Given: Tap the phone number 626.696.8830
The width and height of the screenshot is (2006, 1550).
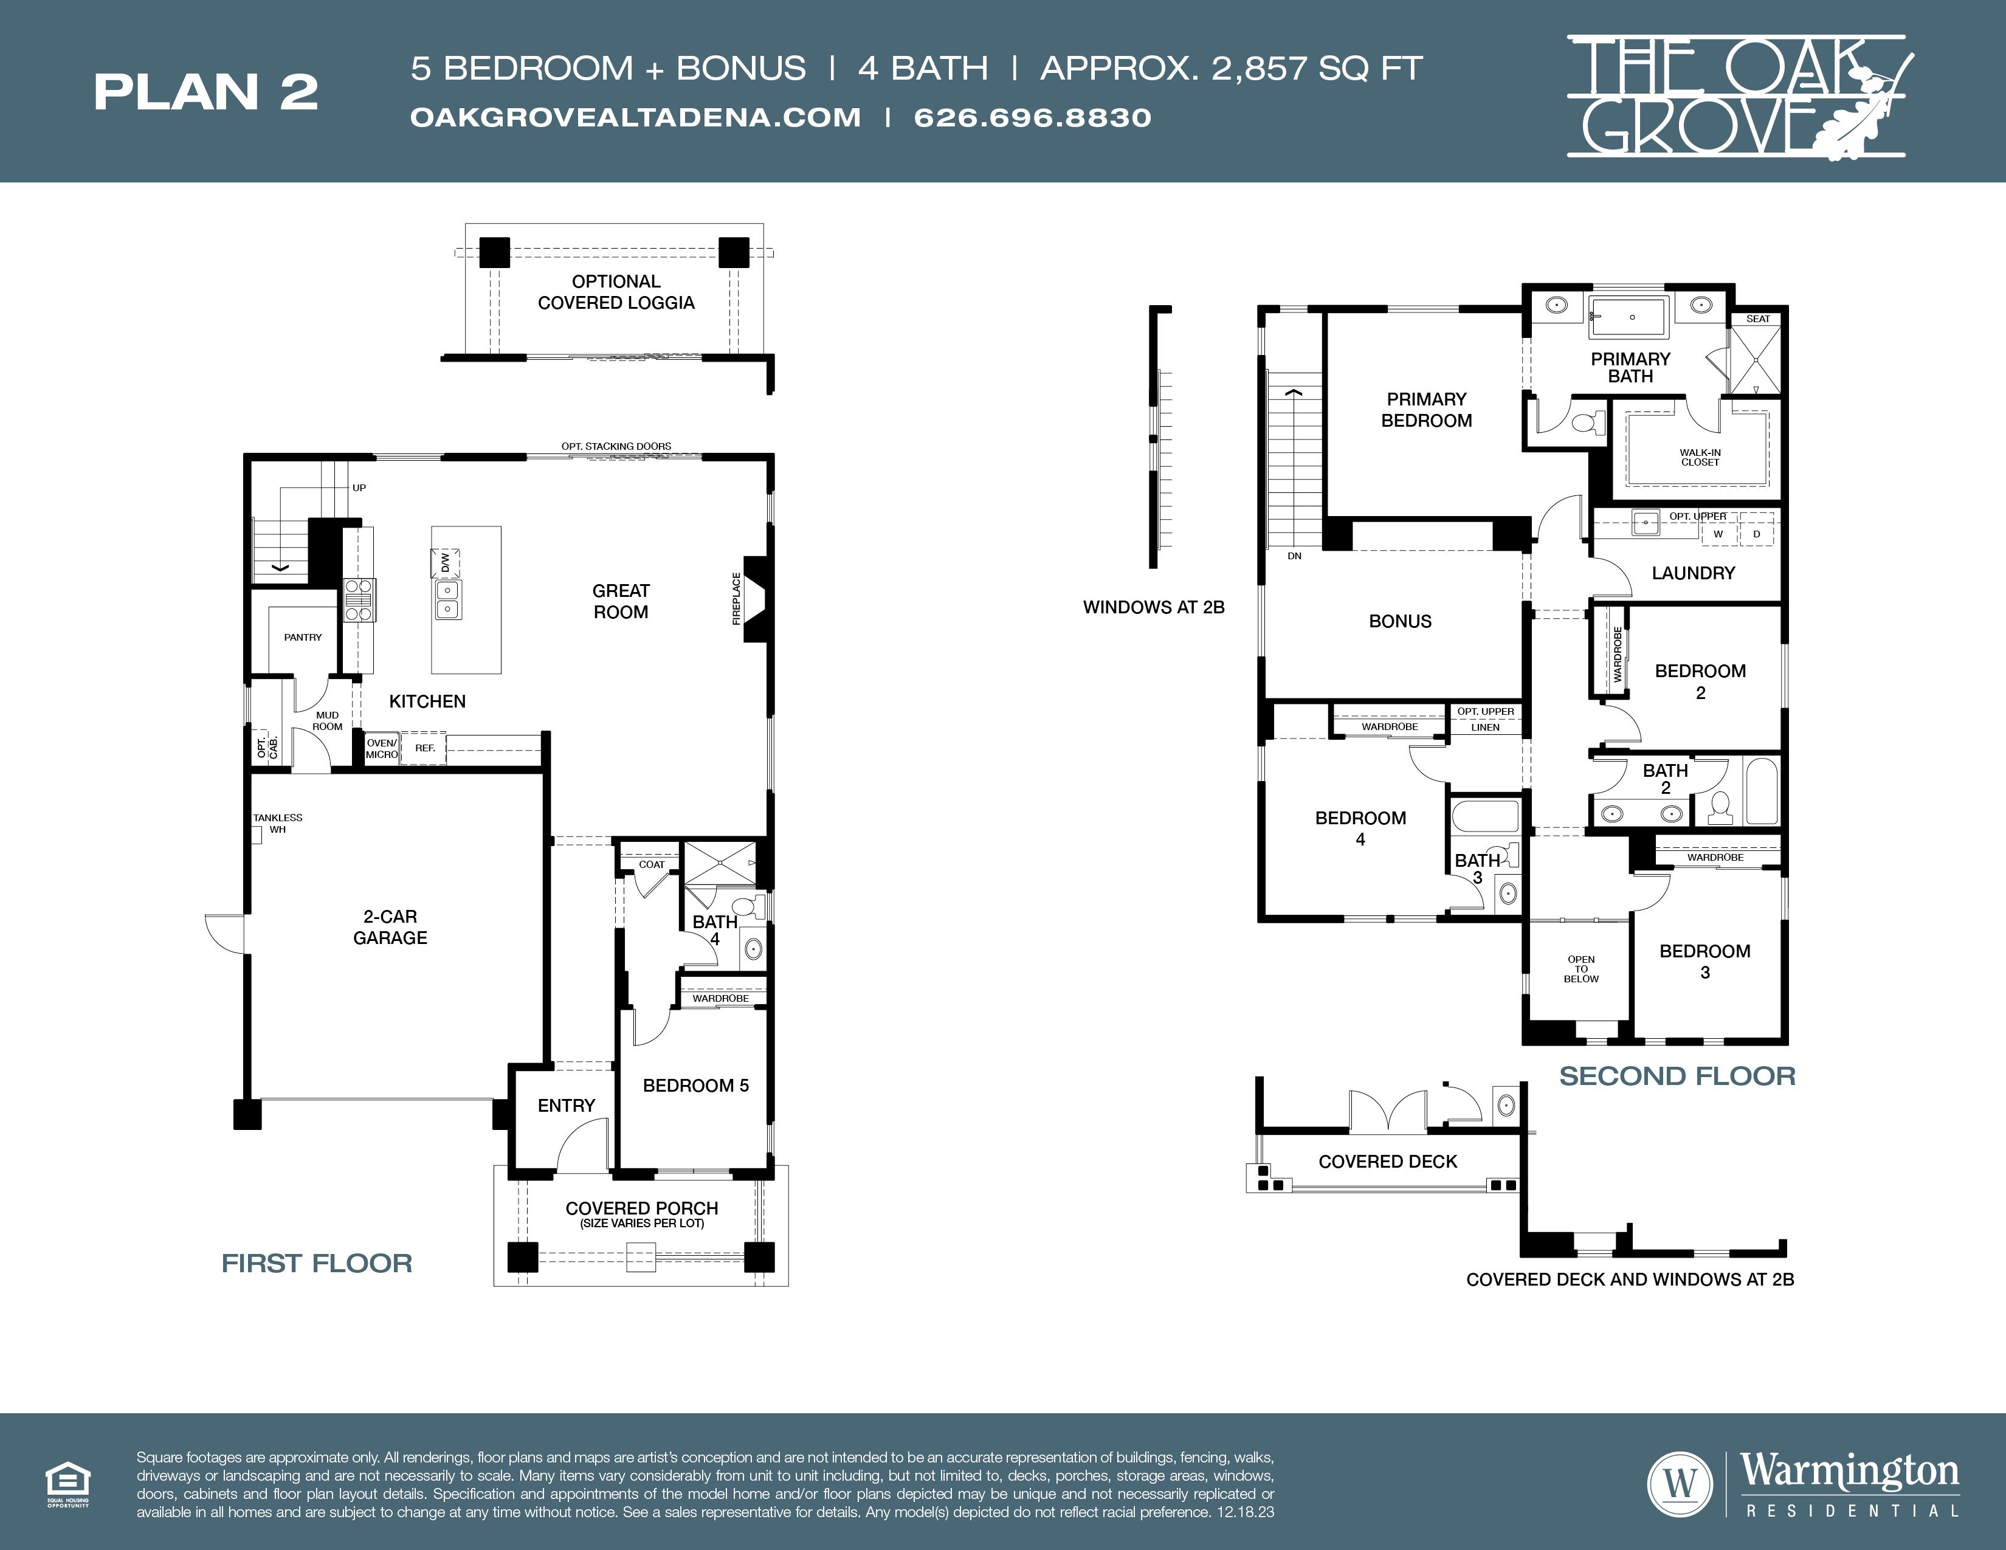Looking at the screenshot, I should (1032, 117).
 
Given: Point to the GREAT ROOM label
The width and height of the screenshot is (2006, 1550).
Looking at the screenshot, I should (621, 601).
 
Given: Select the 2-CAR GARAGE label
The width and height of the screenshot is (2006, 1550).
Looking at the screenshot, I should (390, 926).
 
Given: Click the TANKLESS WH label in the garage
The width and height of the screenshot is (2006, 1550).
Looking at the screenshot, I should (277, 823).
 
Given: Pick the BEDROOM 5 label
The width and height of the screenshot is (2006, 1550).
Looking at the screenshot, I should (695, 1086).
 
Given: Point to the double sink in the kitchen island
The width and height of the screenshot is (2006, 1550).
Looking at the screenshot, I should (447, 599).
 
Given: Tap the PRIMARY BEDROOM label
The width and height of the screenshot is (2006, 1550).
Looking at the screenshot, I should (1427, 410).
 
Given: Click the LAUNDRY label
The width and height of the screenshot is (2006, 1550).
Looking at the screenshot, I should (1693, 573).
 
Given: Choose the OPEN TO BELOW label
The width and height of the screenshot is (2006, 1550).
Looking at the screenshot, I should (1580, 969).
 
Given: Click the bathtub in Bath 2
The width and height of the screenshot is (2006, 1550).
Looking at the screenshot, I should (1762, 791).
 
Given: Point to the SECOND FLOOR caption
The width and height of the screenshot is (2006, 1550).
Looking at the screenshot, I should (1677, 1076).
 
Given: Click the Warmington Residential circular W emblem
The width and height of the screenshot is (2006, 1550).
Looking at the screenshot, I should (1680, 1483).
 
